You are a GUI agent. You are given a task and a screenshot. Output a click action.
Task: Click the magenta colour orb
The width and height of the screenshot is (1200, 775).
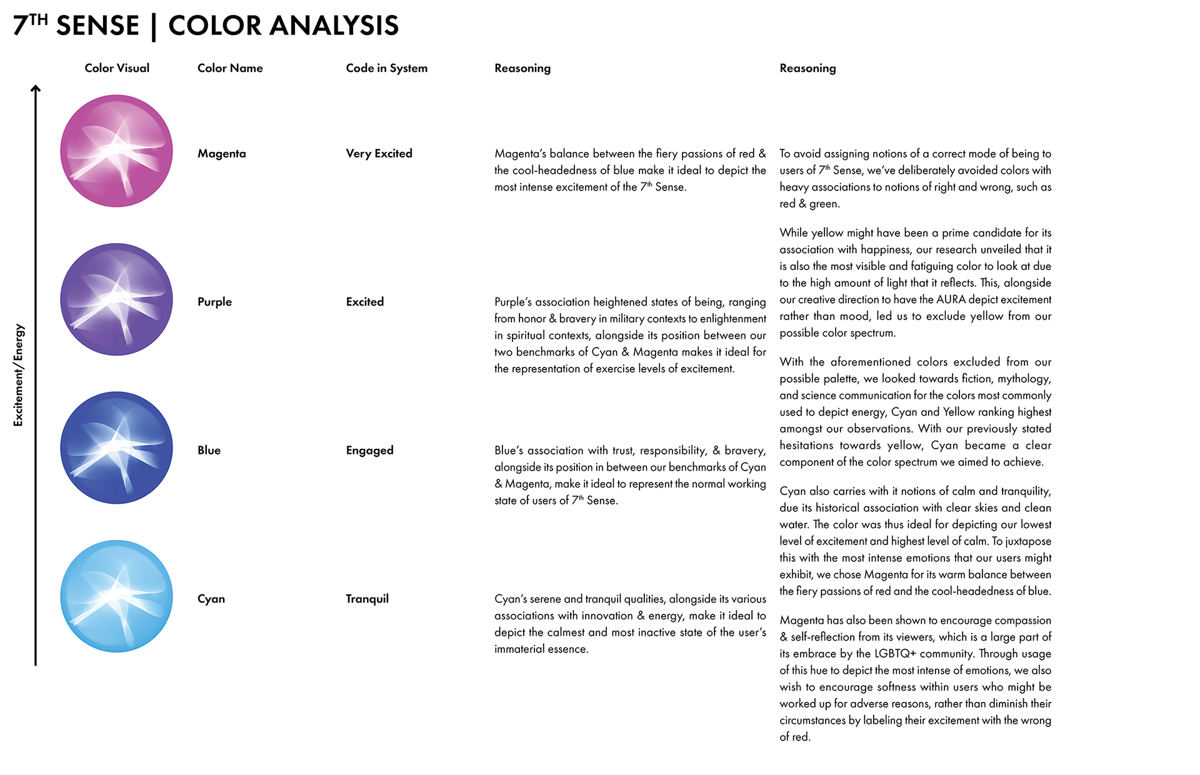coord(116,151)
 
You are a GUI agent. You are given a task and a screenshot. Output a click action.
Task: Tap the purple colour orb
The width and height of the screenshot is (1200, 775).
coord(116,299)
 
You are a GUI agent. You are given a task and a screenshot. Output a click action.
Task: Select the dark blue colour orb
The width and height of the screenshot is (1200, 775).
coord(116,447)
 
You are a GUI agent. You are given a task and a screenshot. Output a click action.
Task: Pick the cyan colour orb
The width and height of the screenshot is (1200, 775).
coord(116,596)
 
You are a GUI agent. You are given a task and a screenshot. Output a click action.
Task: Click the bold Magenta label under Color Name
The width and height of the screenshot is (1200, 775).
coord(221,154)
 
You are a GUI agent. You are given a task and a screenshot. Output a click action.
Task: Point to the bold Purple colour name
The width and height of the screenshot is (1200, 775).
coord(214,302)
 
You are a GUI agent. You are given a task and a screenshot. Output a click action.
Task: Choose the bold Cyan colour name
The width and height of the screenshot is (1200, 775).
coord(211,599)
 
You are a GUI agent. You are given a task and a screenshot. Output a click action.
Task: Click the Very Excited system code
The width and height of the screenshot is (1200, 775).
coord(379,154)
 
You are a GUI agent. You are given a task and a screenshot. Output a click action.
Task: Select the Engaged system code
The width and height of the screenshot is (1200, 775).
coord(369,451)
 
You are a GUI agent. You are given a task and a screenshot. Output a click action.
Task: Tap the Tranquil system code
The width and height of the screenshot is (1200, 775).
coord(367,599)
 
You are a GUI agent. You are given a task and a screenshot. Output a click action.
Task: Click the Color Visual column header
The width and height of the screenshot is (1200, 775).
coord(117,68)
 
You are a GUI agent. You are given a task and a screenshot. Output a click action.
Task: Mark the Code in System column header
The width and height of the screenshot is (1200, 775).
coord(386,68)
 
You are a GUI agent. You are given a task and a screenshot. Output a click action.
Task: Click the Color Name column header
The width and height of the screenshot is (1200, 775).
coord(230,68)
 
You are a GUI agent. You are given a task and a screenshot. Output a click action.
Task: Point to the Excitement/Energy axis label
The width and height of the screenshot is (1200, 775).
coord(19,375)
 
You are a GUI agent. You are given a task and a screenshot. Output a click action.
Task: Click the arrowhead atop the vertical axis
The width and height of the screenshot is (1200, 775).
coord(36,89)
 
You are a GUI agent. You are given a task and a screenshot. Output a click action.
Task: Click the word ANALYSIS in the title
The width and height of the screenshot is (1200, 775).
coord(334,26)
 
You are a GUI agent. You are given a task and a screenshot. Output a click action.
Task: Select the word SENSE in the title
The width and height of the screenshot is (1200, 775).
coord(97,26)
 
